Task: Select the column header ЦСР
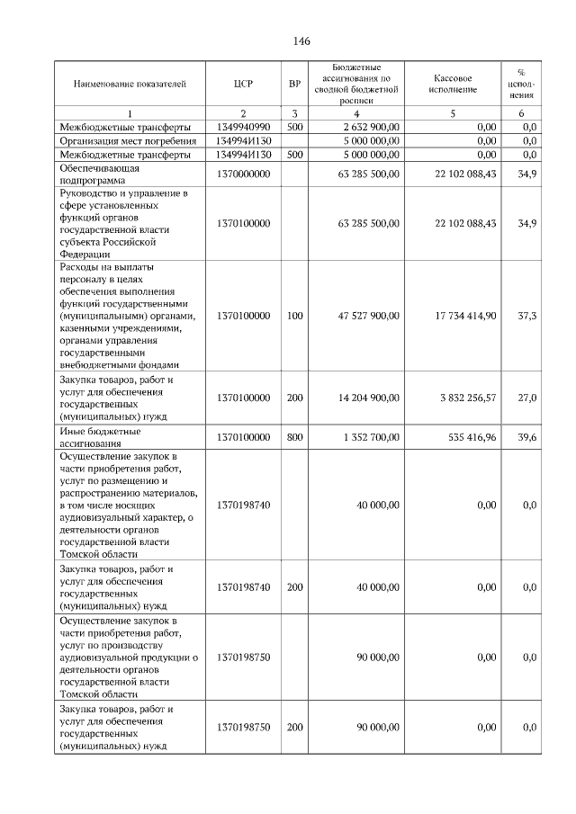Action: click(242, 84)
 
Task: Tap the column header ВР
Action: click(294, 84)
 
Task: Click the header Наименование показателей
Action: click(130, 84)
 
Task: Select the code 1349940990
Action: click(242, 127)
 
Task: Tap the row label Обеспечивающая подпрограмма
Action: click(99, 174)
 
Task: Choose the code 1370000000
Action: click(242, 174)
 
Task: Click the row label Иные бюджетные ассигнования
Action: click(99, 437)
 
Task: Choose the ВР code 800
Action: click(294, 437)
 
